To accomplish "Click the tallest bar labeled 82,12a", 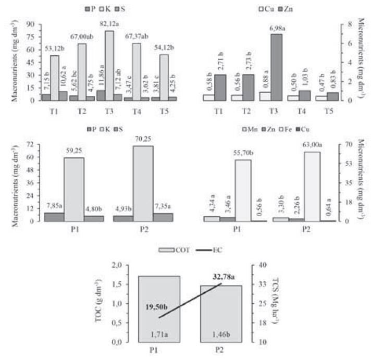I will point(109,65).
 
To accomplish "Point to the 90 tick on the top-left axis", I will point(30,24).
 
